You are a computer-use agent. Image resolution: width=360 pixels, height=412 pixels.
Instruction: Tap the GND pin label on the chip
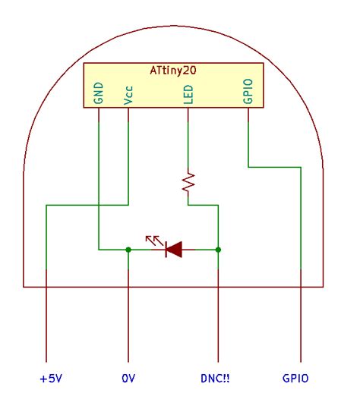98,93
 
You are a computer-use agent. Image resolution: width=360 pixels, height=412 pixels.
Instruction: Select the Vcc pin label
128,94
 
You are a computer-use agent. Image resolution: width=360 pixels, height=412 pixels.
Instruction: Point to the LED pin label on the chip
188,93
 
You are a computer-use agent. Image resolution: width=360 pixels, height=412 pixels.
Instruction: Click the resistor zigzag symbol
188,182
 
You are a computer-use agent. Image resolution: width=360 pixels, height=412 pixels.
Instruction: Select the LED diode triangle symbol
174,249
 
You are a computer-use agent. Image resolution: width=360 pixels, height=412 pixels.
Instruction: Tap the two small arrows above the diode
154,240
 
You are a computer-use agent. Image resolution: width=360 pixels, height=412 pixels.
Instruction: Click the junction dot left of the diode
128,249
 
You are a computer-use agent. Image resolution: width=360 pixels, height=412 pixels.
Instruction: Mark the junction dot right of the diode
219,249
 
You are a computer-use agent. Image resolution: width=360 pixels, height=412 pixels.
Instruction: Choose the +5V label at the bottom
47,378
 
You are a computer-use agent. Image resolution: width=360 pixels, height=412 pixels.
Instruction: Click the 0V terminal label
128,378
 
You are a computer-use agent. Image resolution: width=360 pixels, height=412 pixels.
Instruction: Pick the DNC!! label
217,378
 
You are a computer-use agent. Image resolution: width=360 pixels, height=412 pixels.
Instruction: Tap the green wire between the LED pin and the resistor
188,140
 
